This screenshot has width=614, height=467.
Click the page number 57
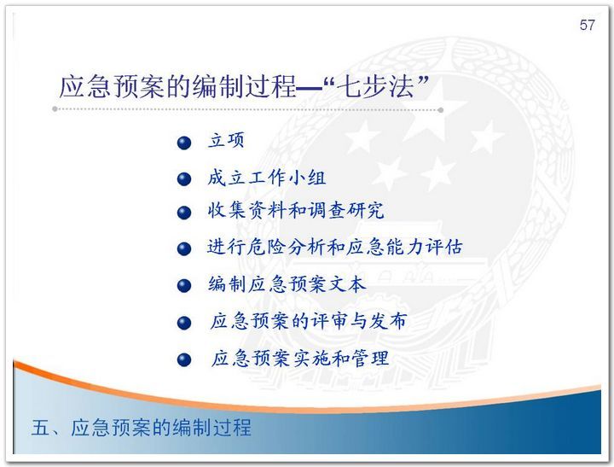click(587, 25)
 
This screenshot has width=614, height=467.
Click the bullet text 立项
click(226, 140)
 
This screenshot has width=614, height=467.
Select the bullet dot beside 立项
click(184, 143)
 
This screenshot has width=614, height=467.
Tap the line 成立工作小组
click(267, 178)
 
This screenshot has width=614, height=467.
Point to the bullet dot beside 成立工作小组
click(184, 179)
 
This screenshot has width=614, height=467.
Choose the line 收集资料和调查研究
click(296, 210)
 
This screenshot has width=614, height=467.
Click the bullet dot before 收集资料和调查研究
click(184, 213)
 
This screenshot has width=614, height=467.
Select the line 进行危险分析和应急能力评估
click(335, 247)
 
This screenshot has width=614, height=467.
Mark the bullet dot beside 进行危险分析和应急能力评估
click(184, 249)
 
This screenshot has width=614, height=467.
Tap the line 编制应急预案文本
click(287, 284)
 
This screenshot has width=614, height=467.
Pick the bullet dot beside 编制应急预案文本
click(184, 286)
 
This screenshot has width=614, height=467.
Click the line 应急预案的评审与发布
click(308, 321)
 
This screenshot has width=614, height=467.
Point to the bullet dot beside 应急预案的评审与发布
click(184, 323)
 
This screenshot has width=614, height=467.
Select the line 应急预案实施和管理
click(300, 358)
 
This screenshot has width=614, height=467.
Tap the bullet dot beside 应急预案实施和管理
click(184, 360)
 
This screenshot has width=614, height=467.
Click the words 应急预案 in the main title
click(112, 86)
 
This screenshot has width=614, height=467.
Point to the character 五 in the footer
click(41, 428)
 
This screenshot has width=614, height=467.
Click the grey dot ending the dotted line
click(441, 110)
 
